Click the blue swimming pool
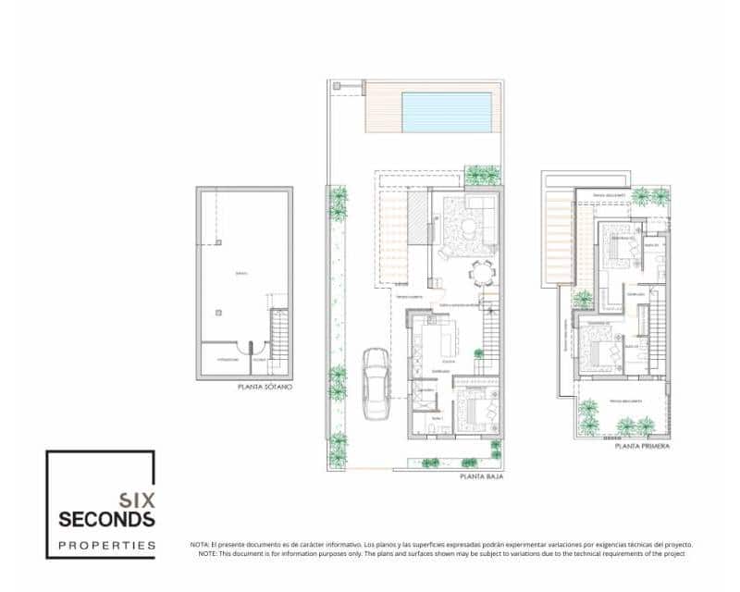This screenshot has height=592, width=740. (446, 112)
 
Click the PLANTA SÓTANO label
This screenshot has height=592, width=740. (265, 387)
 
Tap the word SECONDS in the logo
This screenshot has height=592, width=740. (106, 519)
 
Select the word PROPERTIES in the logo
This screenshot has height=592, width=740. (106, 546)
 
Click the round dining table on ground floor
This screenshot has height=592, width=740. (481, 273)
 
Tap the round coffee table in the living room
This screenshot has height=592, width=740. (469, 227)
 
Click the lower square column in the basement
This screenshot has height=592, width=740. (217, 313)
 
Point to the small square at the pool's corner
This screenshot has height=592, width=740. (337, 86)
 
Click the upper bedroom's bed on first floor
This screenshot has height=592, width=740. (616, 245)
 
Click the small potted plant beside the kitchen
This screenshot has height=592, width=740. (478, 353)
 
